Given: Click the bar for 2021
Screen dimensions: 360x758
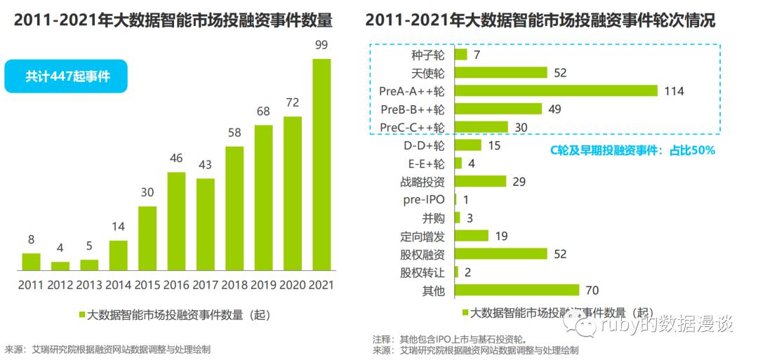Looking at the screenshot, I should click(x=321, y=165).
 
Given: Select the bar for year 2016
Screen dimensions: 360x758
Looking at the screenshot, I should click(x=176, y=221).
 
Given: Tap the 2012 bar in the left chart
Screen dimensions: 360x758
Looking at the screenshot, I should click(x=60, y=266).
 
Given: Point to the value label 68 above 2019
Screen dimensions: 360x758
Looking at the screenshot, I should click(x=263, y=112).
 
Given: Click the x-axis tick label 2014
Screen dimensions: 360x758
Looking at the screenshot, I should click(x=118, y=285).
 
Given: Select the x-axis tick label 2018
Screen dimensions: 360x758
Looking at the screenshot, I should click(x=234, y=285).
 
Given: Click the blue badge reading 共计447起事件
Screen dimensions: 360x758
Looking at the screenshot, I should click(x=67, y=76).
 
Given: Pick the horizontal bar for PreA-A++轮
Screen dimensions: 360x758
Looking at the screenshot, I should click(x=556, y=91).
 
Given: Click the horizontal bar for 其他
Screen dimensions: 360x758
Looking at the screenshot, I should click(x=517, y=290).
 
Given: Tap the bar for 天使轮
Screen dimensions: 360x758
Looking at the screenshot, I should click(x=501, y=72).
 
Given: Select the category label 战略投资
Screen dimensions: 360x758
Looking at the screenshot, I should click(x=423, y=182).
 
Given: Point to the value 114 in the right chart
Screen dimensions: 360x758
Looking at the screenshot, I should click(x=674, y=91).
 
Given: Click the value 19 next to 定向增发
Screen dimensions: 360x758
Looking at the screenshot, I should click(x=501, y=236).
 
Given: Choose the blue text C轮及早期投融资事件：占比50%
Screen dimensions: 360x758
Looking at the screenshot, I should click(x=632, y=149).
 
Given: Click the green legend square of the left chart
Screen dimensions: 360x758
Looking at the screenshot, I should click(x=82, y=315).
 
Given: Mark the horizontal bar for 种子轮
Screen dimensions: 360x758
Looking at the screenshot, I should click(x=461, y=54).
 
